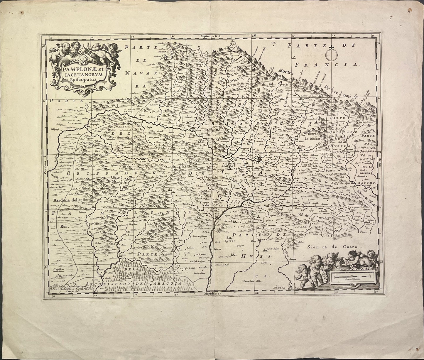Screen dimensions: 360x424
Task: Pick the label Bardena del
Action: click(65, 201)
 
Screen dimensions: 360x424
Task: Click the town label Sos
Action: click(97, 151)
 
